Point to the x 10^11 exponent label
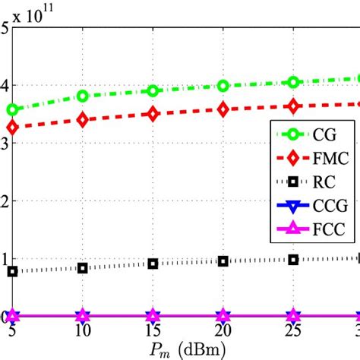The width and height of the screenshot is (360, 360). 34,16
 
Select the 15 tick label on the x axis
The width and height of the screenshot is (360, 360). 153,331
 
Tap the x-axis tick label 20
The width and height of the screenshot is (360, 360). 223,331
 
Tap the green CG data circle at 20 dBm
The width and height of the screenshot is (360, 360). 223,86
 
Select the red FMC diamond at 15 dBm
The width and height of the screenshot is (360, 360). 153,114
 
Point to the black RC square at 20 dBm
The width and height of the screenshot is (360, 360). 223,261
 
